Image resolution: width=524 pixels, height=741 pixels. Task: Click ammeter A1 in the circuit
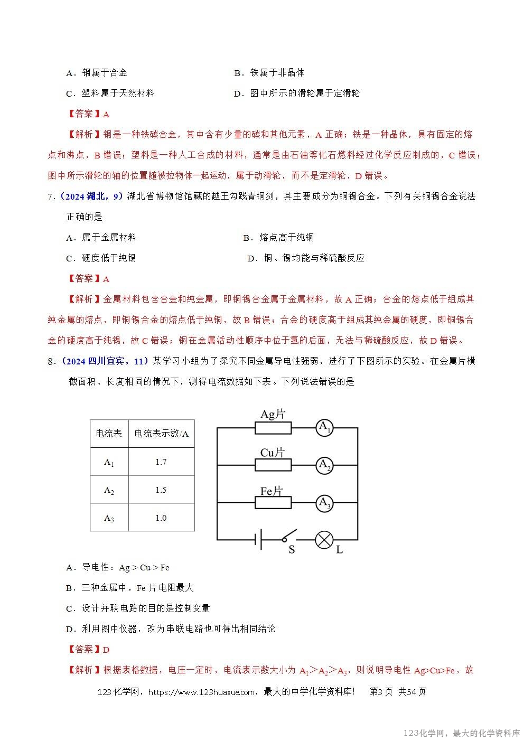[x=324, y=427]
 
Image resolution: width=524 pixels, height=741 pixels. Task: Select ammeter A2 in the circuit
[x=324, y=465]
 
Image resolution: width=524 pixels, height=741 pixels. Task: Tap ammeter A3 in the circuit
[x=324, y=503]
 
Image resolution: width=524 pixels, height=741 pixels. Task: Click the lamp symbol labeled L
[x=323, y=539]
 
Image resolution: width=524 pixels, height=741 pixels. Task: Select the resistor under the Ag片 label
[x=273, y=427]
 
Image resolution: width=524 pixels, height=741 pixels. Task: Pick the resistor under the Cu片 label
[x=273, y=465]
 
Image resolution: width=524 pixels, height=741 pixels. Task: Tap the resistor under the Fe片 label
[x=273, y=503]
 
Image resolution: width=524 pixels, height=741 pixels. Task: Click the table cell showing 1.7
[x=161, y=462]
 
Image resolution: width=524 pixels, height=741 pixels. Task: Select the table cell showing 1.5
[x=161, y=490]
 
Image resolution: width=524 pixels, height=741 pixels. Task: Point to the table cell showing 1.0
[x=161, y=518]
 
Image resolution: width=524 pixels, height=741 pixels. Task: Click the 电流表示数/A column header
[x=161, y=434]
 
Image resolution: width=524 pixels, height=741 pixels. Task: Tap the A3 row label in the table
[x=109, y=518]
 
